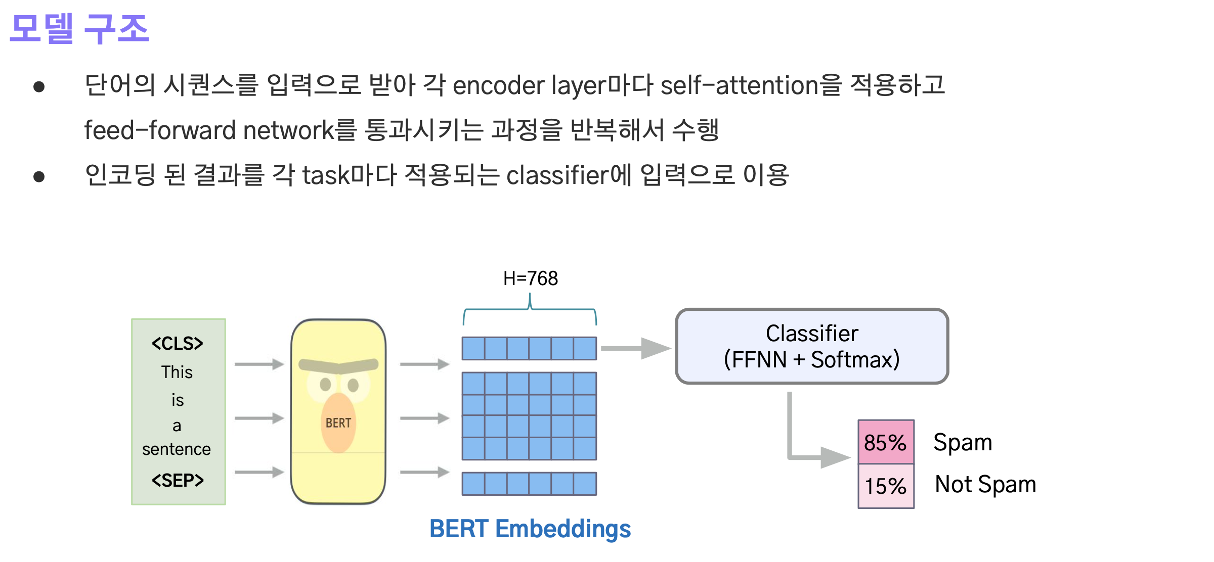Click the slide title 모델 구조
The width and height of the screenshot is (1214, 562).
79,29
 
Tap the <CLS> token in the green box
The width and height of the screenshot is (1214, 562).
178,344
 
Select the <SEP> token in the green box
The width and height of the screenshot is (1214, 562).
178,480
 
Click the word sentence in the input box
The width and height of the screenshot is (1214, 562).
177,449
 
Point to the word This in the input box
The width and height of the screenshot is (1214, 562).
177,372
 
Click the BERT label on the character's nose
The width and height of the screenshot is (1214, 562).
338,423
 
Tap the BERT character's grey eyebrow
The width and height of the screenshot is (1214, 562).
338,365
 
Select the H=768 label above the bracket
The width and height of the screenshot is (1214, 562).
530,278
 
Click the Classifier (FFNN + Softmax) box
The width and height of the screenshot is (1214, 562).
812,347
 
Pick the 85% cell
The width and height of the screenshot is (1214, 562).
886,442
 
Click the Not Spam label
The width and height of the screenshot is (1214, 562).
985,484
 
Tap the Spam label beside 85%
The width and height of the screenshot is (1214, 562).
963,442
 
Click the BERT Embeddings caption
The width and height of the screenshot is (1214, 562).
530,529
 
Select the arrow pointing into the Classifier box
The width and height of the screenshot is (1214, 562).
635,348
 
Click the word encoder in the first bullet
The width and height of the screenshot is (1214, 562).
499,85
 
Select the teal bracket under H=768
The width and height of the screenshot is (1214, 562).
530,310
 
